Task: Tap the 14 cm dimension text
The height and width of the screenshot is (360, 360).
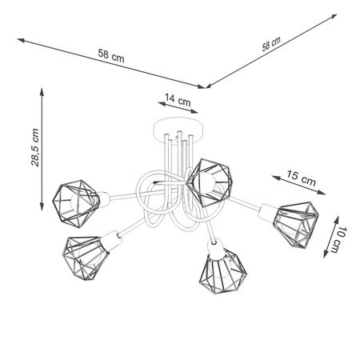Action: pyautogui.click(x=177, y=100)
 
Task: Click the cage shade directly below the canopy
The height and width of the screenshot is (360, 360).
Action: pyautogui.click(x=210, y=178)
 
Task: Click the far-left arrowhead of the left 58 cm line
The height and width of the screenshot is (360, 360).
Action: pyautogui.click(x=18, y=35)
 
